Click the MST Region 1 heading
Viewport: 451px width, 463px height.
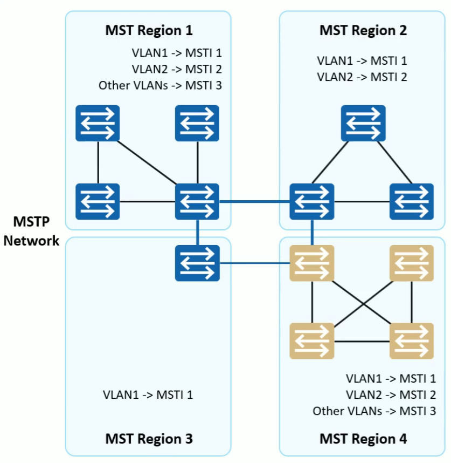coord(148,30)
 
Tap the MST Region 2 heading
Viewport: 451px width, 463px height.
coord(363,30)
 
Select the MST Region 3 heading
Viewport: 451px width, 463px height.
coord(148,439)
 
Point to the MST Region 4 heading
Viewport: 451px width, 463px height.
coord(363,439)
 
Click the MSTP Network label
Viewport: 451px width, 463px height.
coord(31,231)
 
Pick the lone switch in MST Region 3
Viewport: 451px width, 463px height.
coord(197,263)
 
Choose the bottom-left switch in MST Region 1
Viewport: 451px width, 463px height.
coord(98,202)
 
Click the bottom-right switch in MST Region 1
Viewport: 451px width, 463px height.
coord(197,202)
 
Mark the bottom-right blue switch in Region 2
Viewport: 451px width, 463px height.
coord(412,202)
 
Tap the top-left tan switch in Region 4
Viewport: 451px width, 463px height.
coord(312,263)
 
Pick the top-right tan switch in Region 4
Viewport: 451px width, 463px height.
coord(412,263)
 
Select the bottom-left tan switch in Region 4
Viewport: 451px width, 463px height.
coord(312,341)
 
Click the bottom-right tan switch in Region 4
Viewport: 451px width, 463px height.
coord(412,341)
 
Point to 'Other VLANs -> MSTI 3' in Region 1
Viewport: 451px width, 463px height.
coord(160,85)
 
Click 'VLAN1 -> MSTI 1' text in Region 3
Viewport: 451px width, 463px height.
coord(148,394)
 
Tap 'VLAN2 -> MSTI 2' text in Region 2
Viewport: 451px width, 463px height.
coord(362,77)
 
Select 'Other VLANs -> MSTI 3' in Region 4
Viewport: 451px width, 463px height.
coord(374,411)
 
